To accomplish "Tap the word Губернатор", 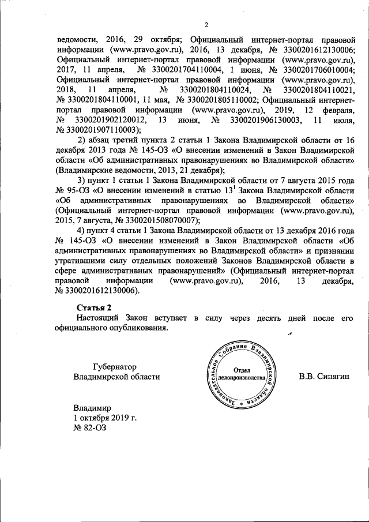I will point(116,366).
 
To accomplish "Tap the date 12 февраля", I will point(332,110).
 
